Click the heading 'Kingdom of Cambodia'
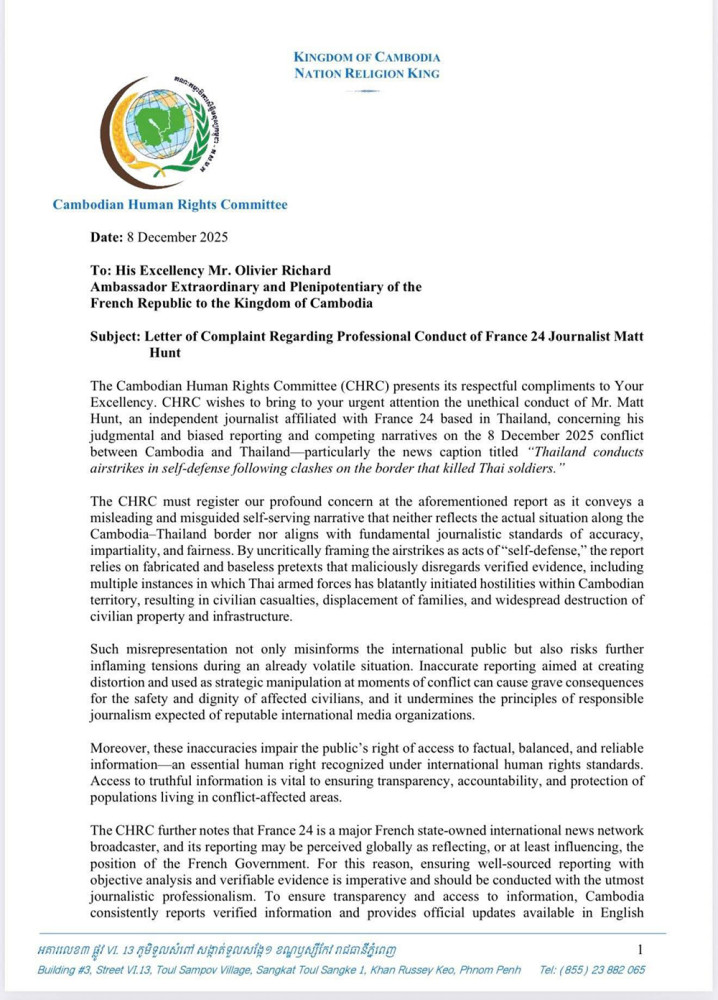click(367, 57)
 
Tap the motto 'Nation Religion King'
click(367, 73)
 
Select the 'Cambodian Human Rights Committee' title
click(170, 205)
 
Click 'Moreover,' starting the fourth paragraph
click(121, 750)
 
